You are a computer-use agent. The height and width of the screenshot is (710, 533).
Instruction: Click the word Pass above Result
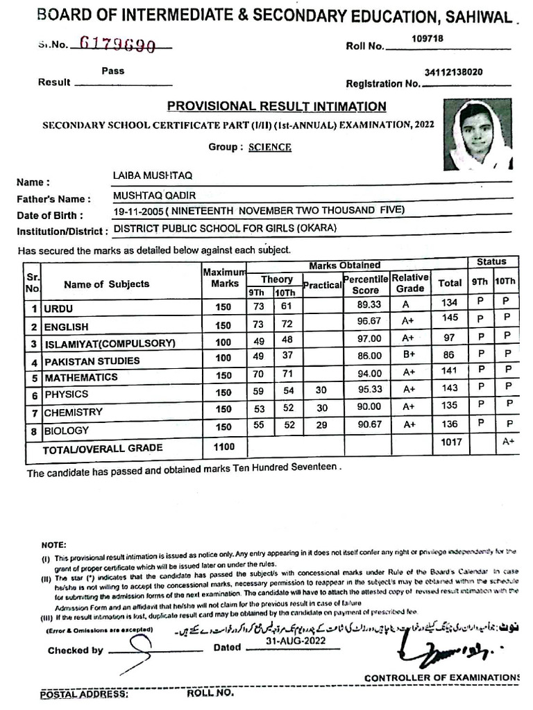click(113, 71)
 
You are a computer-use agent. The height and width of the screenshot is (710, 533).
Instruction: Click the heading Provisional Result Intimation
click(276, 106)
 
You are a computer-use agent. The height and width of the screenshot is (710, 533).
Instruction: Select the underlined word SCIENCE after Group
click(270, 147)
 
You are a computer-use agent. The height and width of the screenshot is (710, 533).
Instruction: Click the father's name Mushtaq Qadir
click(149, 196)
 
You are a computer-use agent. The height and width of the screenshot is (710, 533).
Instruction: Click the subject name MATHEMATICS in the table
click(81, 378)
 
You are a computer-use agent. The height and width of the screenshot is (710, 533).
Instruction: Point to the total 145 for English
click(450, 318)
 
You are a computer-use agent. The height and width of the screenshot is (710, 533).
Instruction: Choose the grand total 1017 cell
click(450, 441)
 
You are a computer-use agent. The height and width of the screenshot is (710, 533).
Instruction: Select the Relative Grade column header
click(409, 283)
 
